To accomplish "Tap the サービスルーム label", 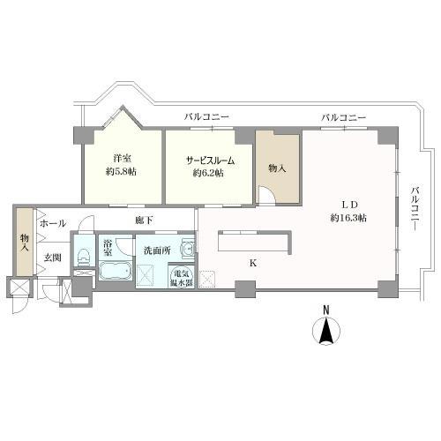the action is coord(211,161).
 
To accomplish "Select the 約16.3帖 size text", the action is coord(348,218).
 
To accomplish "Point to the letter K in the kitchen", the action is coord(253,264).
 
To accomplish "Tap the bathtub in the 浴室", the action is coord(115,271).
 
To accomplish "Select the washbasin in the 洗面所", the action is coord(188,250).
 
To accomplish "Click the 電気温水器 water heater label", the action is coord(182,278).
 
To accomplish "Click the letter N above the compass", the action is coord(325,310).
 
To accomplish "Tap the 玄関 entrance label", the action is coord(53,258).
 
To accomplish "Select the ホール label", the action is coord(53,223).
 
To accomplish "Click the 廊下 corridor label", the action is coord(144,220).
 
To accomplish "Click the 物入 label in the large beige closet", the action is coord(277,168).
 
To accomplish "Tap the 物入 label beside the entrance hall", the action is coord(24,243).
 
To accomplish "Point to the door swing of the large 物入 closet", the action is coord(266,195).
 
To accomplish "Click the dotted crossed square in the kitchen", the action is coord(207,279).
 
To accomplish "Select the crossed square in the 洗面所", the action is coord(145,274).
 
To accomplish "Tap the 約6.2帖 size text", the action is coord(208,173).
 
